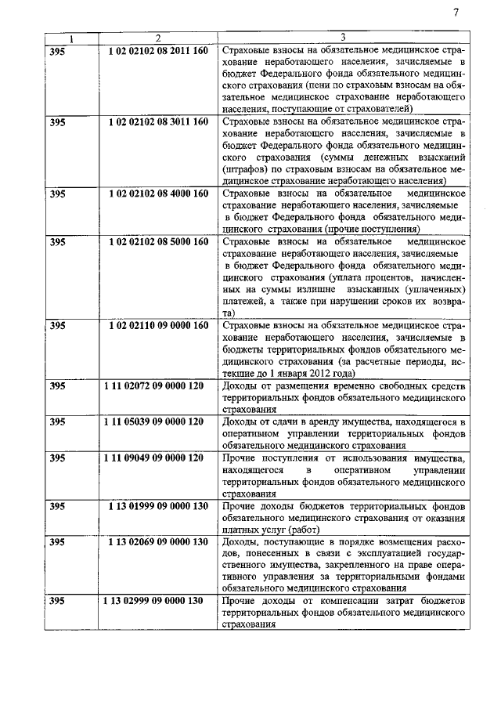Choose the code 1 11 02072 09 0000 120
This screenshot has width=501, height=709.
pyautogui.click(x=154, y=386)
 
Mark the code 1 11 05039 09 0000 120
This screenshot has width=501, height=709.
pyautogui.click(x=154, y=422)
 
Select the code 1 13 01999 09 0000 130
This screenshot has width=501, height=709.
pyautogui.click(x=157, y=506)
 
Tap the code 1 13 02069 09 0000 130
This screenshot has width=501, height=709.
pyautogui.click(x=157, y=542)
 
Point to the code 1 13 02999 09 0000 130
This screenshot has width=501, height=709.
pyautogui.click(x=154, y=602)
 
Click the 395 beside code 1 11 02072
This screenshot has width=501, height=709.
pyautogui.click(x=57, y=386)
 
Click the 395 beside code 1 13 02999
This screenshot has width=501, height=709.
pyautogui.click(x=57, y=602)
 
